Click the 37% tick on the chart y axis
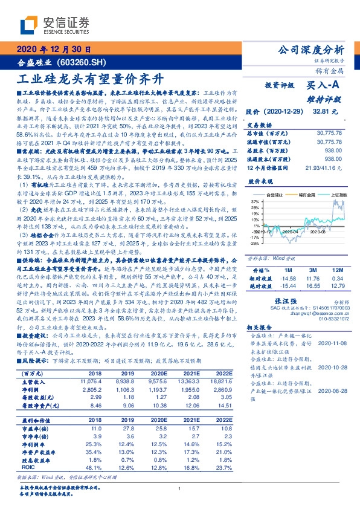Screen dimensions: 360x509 [x=255, y=201]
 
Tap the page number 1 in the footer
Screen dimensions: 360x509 [x=180, y=488]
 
